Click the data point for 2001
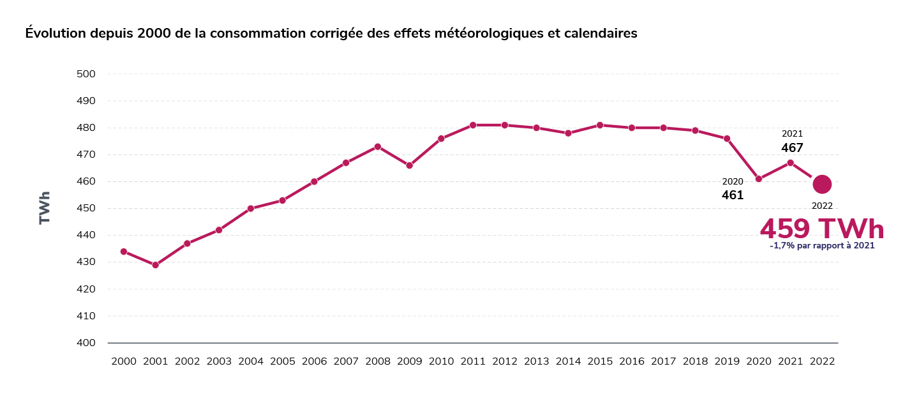155,265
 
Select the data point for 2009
410,165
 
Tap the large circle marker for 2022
822,184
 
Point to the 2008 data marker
378,147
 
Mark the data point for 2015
600,125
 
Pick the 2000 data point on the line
124,252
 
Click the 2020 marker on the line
759,179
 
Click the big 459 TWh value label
822,229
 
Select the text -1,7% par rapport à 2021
822,246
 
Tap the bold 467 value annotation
792,148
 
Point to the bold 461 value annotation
733,195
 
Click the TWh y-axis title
45,208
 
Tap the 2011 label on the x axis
473,361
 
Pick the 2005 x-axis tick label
283,361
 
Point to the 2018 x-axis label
695,361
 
